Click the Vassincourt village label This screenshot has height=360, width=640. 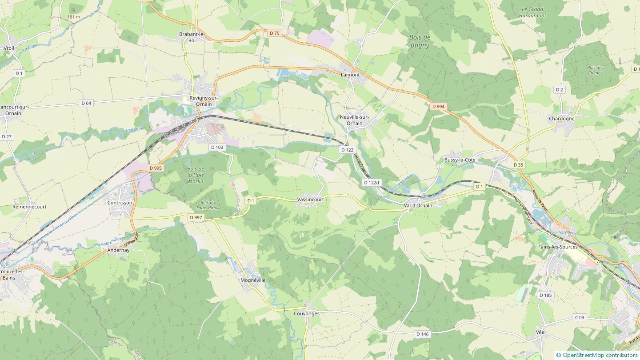pyautogui.click(x=310, y=200)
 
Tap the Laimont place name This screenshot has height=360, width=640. pyautogui.click(x=350, y=75)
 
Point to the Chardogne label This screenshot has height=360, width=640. pyautogui.click(x=561, y=119)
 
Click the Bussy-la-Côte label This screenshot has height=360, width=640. pyautogui.click(x=460, y=160)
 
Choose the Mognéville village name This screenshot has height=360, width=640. pyautogui.click(x=252, y=280)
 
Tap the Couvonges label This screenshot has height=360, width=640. pyautogui.click(x=307, y=313)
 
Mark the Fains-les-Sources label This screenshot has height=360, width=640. pyautogui.click(x=557, y=247)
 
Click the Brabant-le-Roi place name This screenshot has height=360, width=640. pyautogui.click(x=192, y=37)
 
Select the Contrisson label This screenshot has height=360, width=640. pyautogui.click(x=120, y=203)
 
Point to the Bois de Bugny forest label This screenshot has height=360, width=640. pyautogui.click(x=419, y=41)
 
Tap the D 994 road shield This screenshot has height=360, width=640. pyautogui.click(x=438, y=107)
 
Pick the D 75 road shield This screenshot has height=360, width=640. pyautogui.click(x=275, y=33)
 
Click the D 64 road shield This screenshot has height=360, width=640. pyautogui.click(x=86, y=103)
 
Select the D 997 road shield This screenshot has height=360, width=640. pyautogui.click(x=196, y=217)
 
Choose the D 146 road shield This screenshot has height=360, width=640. pyautogui.click(x=423, y=334)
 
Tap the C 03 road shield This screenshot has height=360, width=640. pyautogui.click(x=580, y=317)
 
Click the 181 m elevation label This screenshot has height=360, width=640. pyautogui.click(x=73, y=17)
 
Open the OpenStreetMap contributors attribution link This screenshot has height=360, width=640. pyautogui.click(x=600, y=355)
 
